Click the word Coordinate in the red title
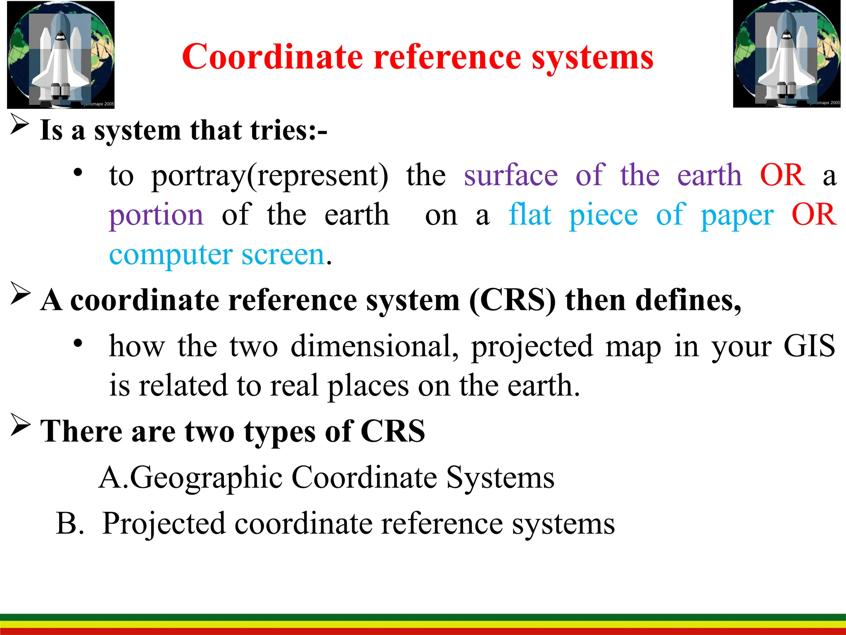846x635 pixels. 272,57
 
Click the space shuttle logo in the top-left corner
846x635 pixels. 61,55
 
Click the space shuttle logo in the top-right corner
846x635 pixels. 787,54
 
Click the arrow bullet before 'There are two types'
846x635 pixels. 20,425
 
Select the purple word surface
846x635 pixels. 511,175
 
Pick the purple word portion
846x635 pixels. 156,215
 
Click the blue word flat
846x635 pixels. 530,215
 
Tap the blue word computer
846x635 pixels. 171,255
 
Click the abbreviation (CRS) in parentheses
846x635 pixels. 512,300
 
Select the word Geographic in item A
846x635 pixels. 206,477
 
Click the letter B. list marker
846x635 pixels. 69,523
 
